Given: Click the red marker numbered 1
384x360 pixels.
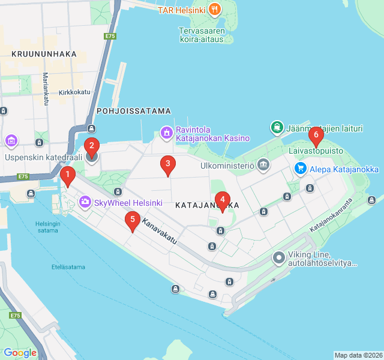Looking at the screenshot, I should tap(68, 176).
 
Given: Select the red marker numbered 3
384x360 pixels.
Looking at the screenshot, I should tap(168, 164).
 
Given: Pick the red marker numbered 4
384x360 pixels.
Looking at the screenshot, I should tap(223, 200).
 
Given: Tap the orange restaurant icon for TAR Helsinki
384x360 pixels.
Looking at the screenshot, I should tap(215, 10).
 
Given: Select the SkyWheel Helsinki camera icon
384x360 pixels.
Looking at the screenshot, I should tap(85, 202).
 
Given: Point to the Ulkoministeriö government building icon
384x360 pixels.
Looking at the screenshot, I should tap(263, 164).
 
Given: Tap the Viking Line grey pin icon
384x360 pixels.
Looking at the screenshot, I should tap(278, 259).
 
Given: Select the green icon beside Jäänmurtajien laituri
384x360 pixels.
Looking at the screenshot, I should tap(277, 127).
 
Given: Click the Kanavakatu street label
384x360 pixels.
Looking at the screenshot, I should tap(160, 231).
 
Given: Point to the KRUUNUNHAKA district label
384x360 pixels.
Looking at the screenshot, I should tap(44, 54).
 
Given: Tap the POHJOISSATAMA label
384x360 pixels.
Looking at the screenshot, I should tap(134, 111).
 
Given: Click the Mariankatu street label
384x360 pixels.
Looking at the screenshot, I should tap(45, 89).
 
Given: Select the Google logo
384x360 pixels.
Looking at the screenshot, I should tap(20, 353).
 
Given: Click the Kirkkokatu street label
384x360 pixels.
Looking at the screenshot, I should tap(74, 92).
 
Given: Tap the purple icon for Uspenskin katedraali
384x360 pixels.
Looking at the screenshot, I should tap(11, 141).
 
